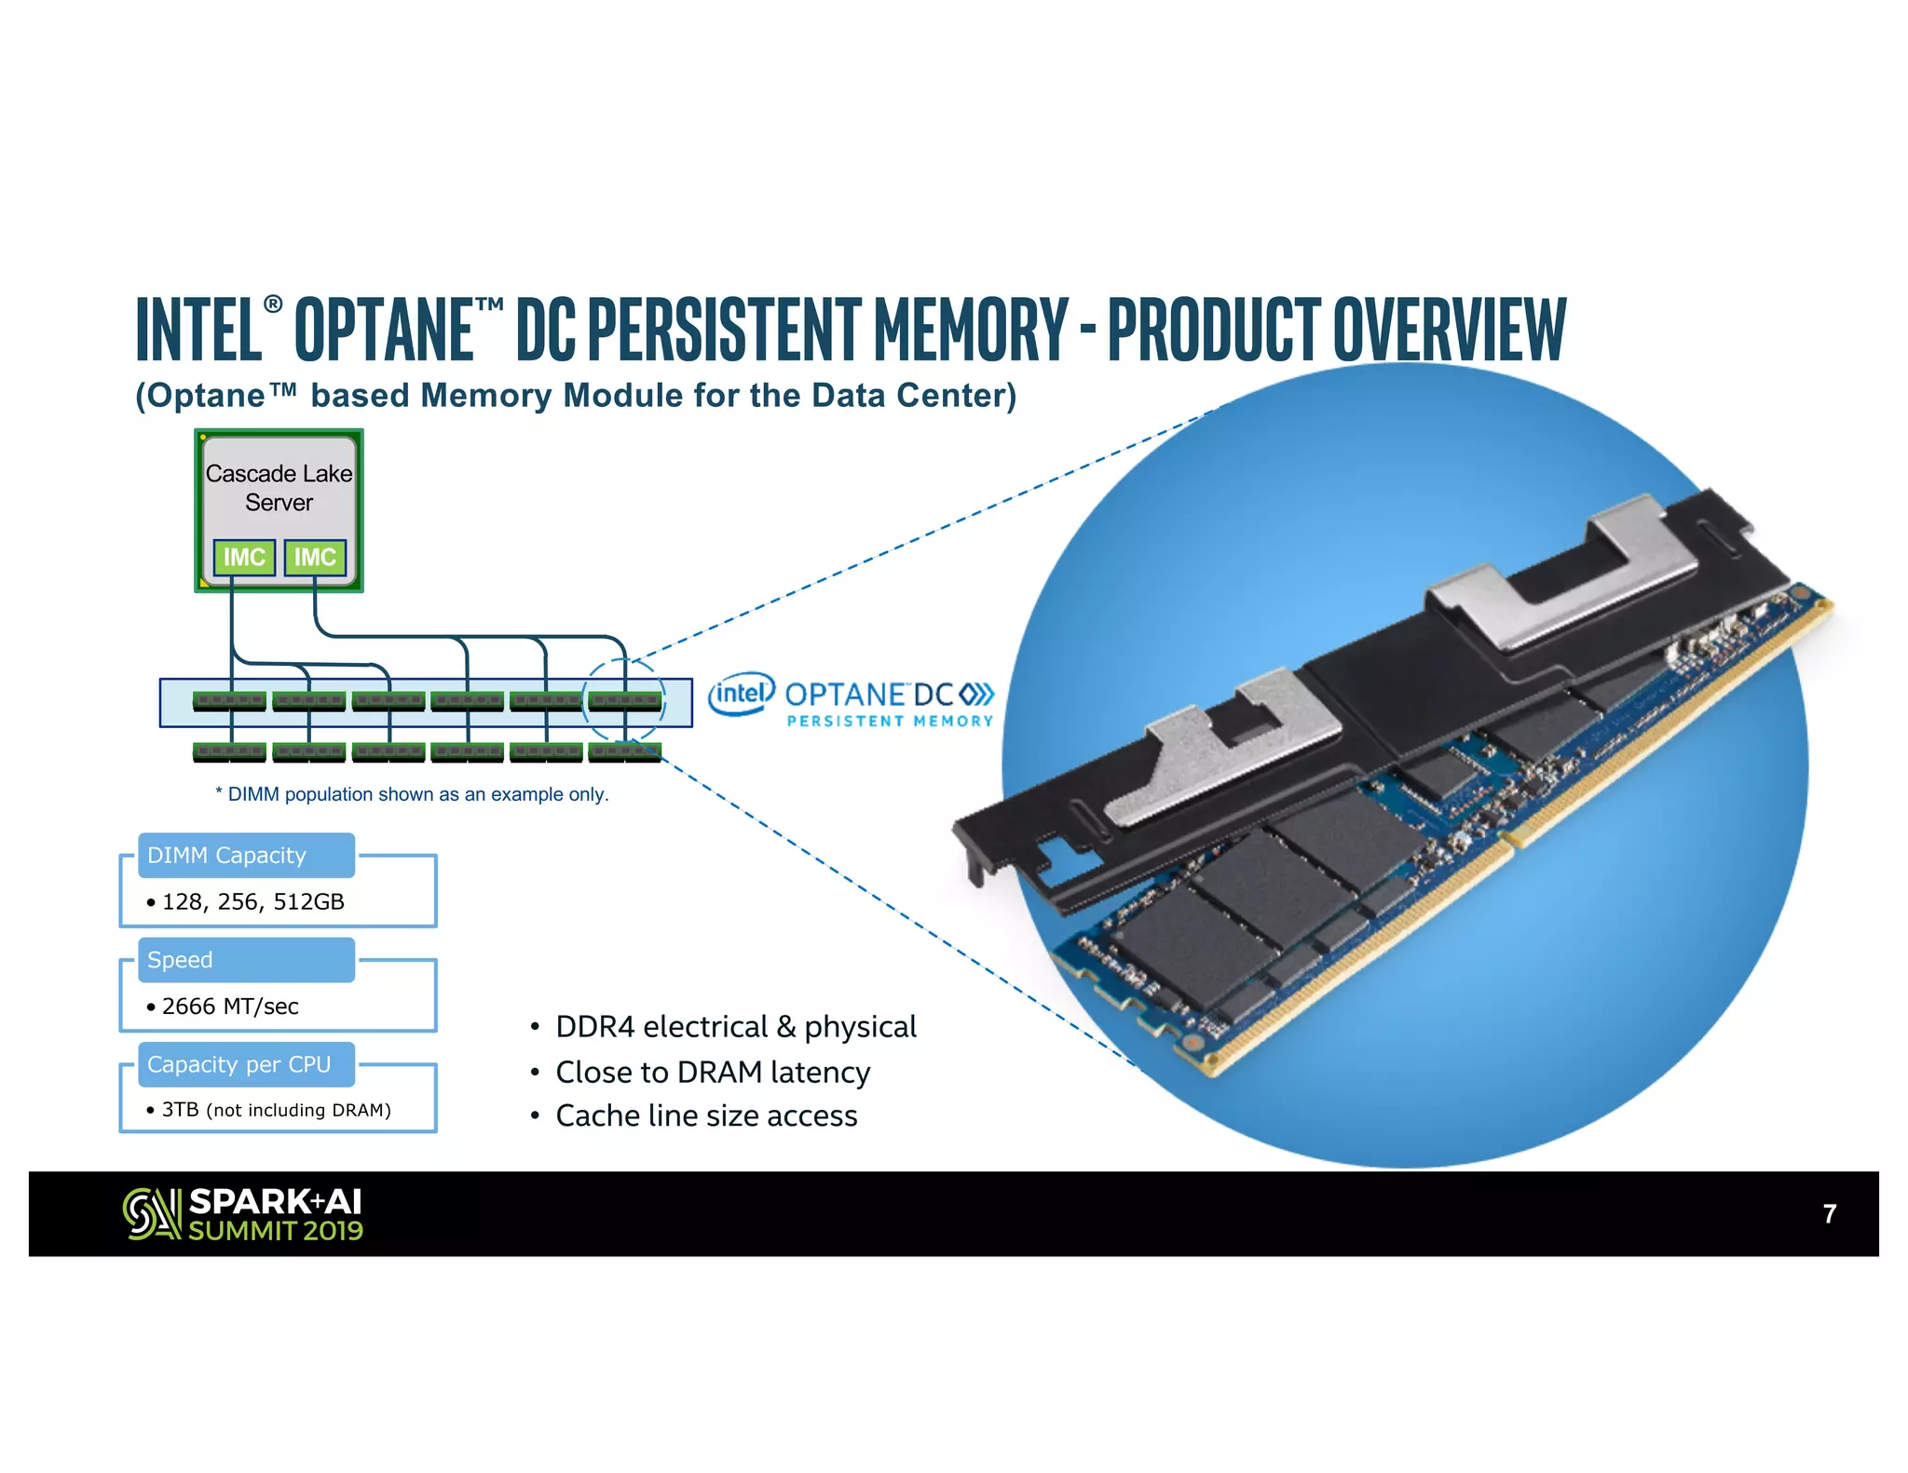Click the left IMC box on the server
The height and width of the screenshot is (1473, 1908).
pyautogui.click(x=244, y=557)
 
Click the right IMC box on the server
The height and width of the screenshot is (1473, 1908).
pyautogui.click(x=315, y=557)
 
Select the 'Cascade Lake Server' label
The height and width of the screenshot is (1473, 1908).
pyautogui.click(x=279, y=488)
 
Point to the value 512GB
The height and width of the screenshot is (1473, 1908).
pyautogui.click(x=308, y=901)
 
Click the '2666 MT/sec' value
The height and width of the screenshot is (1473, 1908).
pyautogui.click(x=230, y=1006)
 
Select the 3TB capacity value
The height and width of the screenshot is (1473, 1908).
pyautogui.click(x=180, y=1110)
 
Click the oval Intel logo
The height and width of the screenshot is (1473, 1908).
pyautogui.click(x=741, y=694)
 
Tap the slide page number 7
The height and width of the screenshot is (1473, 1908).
pyautogui.click(x=1829, y=1213)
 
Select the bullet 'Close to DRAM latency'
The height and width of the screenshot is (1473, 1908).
pyautogui.click(x=713, y=1072)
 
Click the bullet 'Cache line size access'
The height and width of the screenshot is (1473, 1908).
pyautogui.click(x=706, y=1115)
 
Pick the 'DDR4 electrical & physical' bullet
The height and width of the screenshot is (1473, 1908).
pyautogui.click(x=736, y=1026)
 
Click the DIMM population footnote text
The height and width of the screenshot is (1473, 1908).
pyautogui.click(x=412, y=794)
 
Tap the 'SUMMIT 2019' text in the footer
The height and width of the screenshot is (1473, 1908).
pyautogui.click(x=276, y=1231)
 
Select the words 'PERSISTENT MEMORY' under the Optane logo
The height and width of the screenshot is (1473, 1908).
pyautogui.click(x=890, y=721)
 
